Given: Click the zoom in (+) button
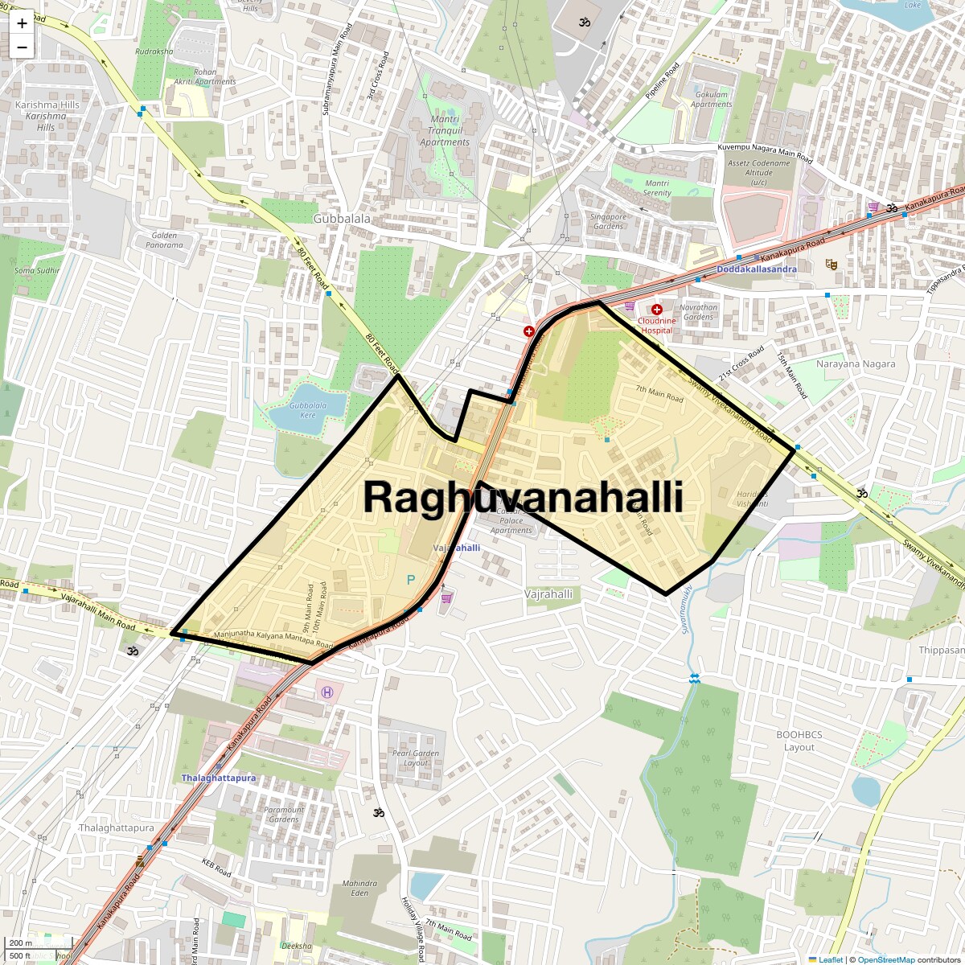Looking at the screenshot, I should click(22, 23).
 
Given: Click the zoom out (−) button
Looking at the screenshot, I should click(22, 47).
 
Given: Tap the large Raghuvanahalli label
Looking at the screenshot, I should click(523, 497).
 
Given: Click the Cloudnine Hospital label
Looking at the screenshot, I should click(656, 325).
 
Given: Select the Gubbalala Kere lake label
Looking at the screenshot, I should click(308, 410).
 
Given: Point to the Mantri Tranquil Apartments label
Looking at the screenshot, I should click(445, 131).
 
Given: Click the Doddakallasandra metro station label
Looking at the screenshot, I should click(756, 269).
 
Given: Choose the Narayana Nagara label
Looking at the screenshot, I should click(856, 363).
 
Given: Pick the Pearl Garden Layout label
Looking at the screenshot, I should click(416, 758).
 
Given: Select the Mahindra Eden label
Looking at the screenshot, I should click(359, 888).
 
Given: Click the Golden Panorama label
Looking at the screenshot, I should click(165, 240).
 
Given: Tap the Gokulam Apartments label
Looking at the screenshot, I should click(712, 99).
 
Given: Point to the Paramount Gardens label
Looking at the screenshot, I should click(285, 814).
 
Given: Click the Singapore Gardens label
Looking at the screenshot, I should click(608, 221).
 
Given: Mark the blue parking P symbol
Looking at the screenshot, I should click(411, 579).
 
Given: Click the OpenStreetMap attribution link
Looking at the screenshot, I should click(885, 959).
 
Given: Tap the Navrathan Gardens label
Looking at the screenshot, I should click(698, 312).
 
